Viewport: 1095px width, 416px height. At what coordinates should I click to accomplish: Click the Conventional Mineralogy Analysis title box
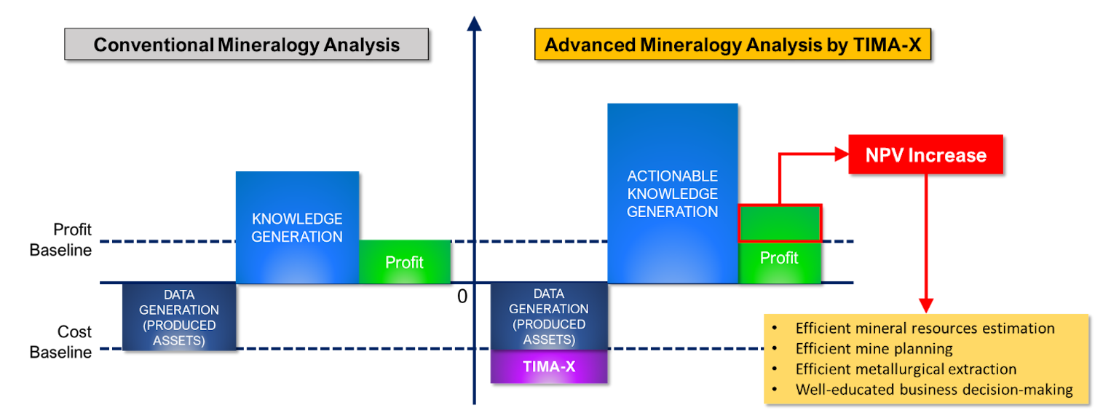coord(246,44)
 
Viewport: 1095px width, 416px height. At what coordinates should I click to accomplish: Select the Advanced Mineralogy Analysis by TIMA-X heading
coord(732,44)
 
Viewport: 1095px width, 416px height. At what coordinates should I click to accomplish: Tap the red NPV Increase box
coord(925,154)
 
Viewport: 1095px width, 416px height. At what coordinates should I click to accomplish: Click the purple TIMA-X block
coord(549,366)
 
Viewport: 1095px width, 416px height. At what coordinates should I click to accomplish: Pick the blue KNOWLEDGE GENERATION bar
coord(297,227)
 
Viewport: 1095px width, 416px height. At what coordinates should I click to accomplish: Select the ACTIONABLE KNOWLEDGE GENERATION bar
coord(673,193)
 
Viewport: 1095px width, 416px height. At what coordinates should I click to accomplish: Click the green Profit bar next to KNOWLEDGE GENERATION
coord(404,262)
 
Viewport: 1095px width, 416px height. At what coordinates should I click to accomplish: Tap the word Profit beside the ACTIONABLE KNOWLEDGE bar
coord(779,258)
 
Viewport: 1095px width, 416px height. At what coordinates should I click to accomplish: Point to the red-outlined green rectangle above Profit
coord(780,223)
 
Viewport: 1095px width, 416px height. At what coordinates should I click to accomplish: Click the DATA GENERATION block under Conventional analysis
coord(179,317)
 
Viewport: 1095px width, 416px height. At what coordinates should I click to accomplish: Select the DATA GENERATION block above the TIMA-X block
coord(549,316)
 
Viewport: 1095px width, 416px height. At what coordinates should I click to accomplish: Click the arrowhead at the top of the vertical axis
coord(474,23)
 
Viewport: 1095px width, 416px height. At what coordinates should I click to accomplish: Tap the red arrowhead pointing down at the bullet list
coord(925,306)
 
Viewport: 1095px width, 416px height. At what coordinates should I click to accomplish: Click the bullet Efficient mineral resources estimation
coord(925,329)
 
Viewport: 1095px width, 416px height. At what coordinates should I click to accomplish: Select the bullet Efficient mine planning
coord(874,349)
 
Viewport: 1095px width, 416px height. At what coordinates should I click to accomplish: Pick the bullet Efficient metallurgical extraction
coord(906,369)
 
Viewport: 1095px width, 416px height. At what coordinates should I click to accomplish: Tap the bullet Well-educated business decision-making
coord(934,390)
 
